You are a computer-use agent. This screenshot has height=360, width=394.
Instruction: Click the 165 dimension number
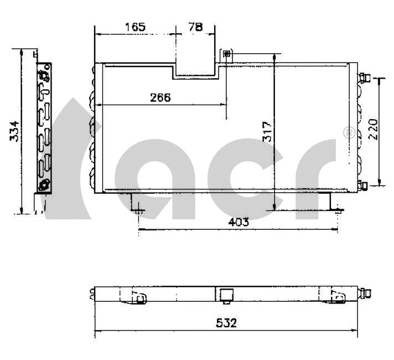point(135,26)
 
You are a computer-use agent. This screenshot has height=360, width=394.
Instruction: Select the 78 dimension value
point(194,26)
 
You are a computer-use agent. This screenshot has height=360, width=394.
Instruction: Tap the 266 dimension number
point(160,97)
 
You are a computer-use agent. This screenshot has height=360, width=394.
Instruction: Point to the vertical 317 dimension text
point(268,132)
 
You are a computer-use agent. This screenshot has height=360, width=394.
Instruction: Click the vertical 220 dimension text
point(372,129)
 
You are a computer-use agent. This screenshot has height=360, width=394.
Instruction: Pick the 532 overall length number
point(226,323)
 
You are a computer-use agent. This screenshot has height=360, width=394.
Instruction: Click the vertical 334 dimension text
point(15,131)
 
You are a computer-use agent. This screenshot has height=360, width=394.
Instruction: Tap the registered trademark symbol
point(349,133)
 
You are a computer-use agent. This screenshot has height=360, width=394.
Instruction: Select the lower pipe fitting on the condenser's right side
point(362,186)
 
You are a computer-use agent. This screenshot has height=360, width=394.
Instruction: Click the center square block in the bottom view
point(225,296)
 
